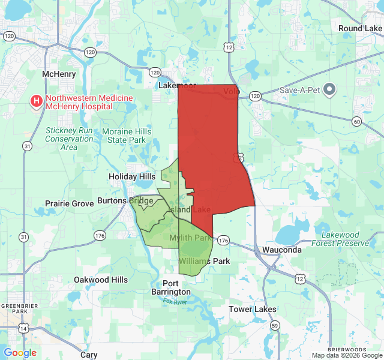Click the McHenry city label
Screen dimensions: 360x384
58,74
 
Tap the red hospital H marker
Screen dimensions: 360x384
37,100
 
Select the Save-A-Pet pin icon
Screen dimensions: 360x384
329,91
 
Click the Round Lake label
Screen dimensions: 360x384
359,28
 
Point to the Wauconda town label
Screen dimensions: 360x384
282,250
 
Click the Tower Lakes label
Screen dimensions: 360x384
253,309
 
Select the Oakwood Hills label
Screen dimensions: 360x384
101,280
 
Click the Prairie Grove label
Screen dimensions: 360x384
70,203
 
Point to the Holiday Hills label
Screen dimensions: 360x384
132,176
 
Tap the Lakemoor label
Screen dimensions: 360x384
178,85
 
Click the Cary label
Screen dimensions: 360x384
89,355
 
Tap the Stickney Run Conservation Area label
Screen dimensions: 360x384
69,139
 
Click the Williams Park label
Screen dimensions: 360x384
205,261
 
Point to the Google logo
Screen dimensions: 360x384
20,353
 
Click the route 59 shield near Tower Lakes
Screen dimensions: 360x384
275,325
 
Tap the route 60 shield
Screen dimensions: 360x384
357,122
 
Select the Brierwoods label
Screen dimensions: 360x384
348,349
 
